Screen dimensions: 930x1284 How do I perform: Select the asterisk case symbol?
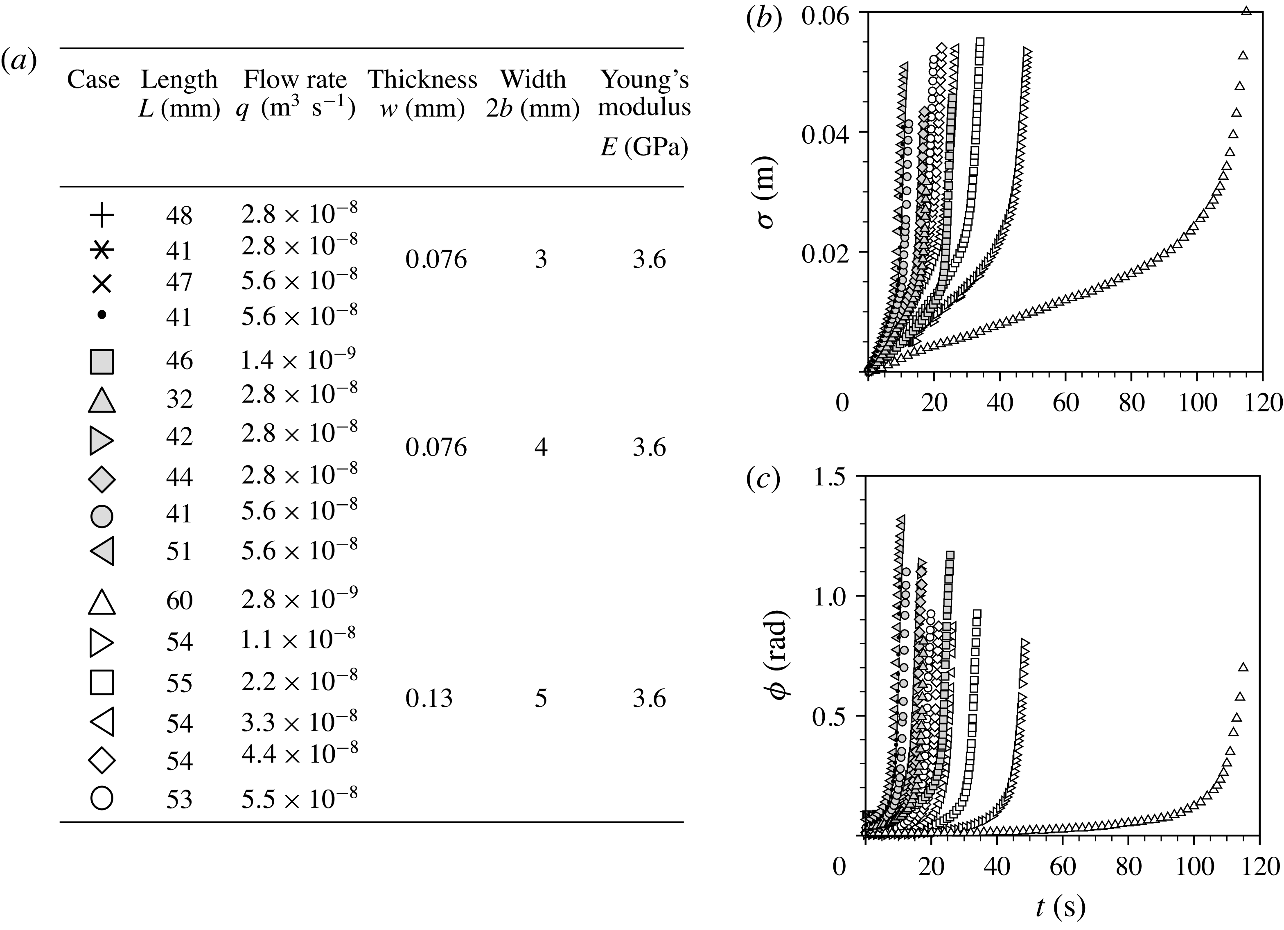pyautogui.click(x=102, y=250)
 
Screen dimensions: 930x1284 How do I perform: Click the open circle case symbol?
pyautogui.click(x=102, y=798)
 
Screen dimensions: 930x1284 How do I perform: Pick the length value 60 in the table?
pyautogui.click(x=179, y=600)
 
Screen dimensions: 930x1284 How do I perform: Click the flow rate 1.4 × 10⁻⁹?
pyautogui.click(x=298, y=360)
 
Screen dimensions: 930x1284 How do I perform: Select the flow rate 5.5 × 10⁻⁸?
pyautogui.click(x=300, y=797)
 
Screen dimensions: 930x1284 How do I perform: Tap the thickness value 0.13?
pyautogui.click(x=429, y=699)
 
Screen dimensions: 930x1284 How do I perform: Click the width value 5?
pyautogui.click(x=541, y=699)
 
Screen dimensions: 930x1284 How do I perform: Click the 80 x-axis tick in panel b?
pyautogui.click(x=1131, y=402)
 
